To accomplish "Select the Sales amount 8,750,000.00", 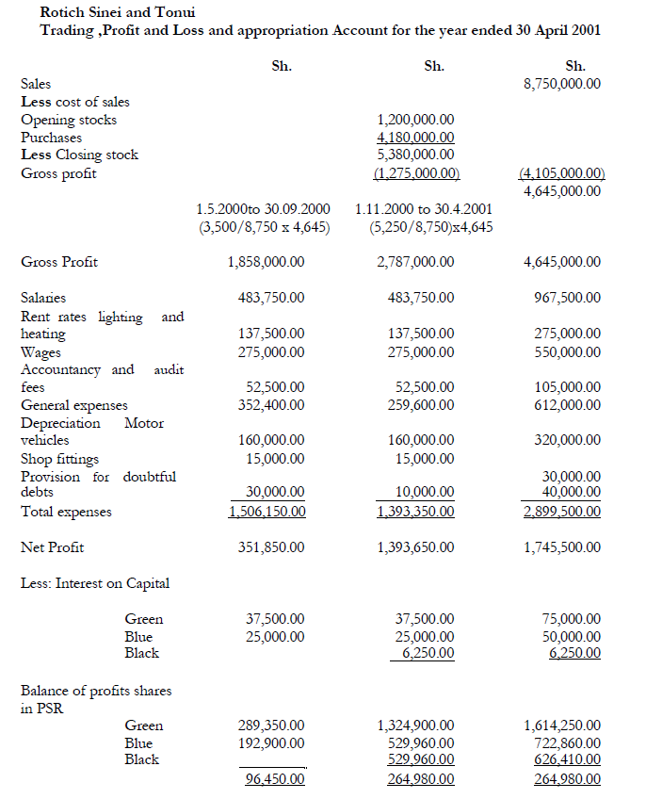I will tap(562, 84).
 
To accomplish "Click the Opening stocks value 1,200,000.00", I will tap(414, 120).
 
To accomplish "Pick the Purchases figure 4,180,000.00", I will tap(414, 138).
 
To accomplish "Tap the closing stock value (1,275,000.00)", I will tap(415, 173).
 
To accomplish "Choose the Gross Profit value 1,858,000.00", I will tap(266, 262).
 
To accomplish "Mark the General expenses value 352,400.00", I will tap(270, 405).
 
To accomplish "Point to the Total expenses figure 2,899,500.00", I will tap(562, 512).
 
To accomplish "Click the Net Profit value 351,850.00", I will tap(270, 547).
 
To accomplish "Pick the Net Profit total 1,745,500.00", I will tap(562, 547).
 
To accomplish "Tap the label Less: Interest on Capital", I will tap(95, 583).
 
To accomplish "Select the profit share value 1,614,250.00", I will tap(562, 726).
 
